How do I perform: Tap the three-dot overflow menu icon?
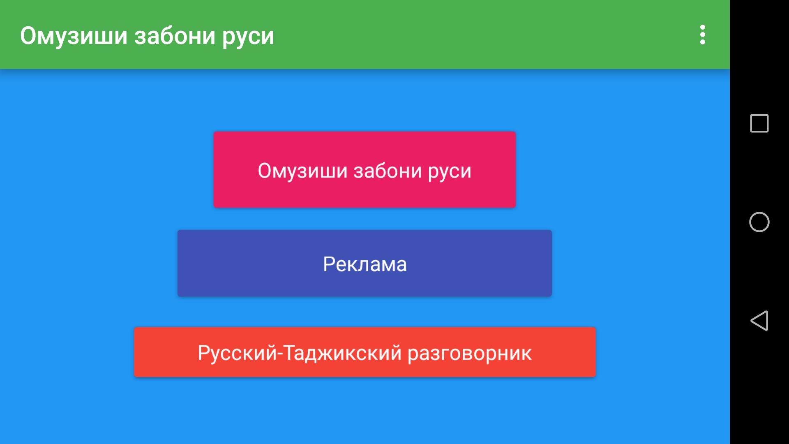[x=703, y=35]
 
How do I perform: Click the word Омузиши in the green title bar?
[x=74, y=36]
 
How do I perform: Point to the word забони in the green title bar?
[x=175, y=36]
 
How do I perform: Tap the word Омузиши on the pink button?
[x=302, y=171]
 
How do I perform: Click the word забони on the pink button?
[x=388, y=171]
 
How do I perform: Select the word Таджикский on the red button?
[x=342, y=353]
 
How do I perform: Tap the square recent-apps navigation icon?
[x=759, y=123]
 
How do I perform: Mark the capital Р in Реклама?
[x=329, y=264]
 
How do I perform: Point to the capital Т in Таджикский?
[x=290, y=352]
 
